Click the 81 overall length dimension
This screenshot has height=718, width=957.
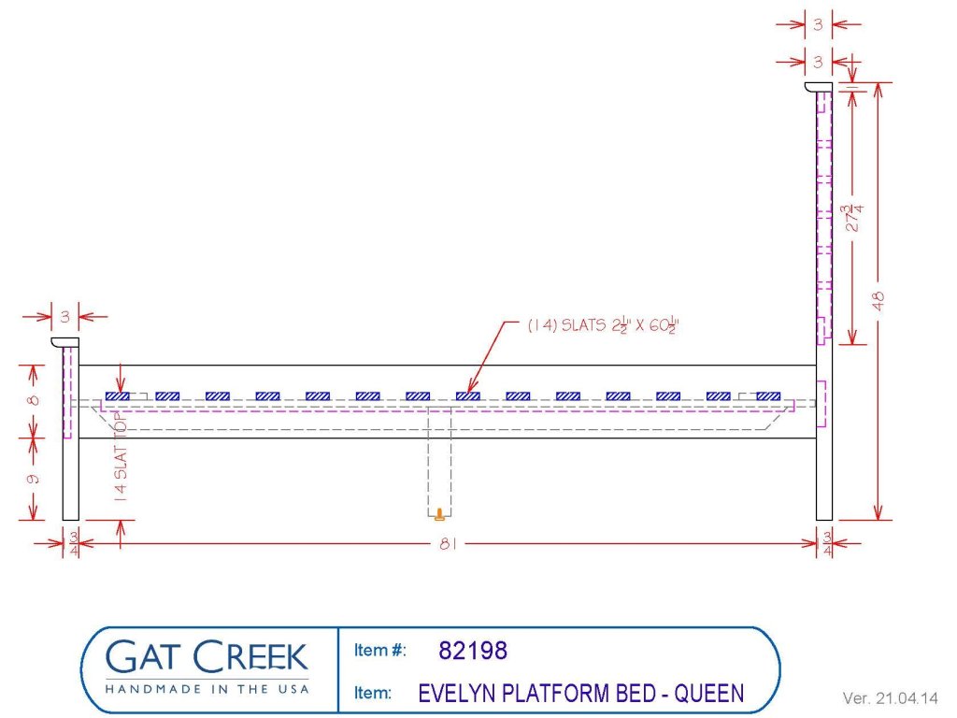(x=448, y=543)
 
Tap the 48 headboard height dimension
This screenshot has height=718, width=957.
(x=878, y=300)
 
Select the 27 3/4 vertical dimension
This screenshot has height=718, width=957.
(x=853, y=218)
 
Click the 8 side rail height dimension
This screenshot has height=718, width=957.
(x=34, y=400)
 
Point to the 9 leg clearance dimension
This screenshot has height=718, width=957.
(x=34, y=479)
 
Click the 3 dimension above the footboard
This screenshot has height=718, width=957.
(x=64, y=316)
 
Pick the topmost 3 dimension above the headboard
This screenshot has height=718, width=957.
(x=818, y=24)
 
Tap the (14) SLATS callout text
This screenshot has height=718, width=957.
(x=603, y=325)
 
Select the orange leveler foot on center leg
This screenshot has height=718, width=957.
(x=439, y=514)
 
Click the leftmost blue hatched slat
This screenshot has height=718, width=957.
(x=117, y=396)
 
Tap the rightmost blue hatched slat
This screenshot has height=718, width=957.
(x=768, y=396)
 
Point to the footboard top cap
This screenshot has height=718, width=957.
(x=64, y=342)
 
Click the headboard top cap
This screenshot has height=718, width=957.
(x=819, y=87)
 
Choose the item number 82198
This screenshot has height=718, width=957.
(x=473, y=651)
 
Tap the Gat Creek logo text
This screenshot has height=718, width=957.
(x=207, y=657)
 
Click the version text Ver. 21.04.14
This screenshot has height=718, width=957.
(x=890, y=697)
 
